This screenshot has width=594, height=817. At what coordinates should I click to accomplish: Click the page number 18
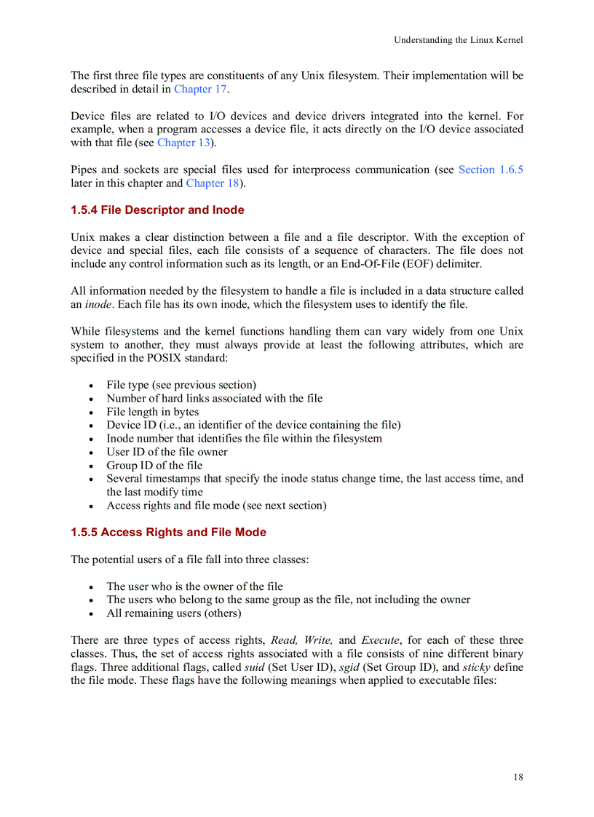click(x=518, y=777)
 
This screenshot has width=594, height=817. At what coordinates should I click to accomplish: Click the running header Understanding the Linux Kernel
click(x=458, y=40)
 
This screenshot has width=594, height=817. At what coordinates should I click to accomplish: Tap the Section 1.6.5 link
click(x=491, y=170)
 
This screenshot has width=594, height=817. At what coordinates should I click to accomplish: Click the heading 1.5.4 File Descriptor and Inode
click(x=157, y=210)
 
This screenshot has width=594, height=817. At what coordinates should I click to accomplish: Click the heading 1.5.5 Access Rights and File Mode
click(x=168, y=533)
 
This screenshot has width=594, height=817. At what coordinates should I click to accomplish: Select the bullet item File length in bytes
click(x=152, y=412)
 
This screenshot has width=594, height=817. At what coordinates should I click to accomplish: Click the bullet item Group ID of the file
click(x=154, y=466)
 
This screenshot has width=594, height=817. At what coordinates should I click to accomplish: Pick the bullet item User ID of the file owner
click(x=167, y=452)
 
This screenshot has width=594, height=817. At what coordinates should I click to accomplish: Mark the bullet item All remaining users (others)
click(x=173, y=613)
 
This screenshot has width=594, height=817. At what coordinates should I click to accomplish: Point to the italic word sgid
click(x=349, y=667)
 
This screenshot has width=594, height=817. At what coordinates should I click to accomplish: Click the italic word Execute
click(x=380, y=640)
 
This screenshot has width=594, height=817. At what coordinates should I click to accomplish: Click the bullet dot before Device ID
click(x=90, y=426)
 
